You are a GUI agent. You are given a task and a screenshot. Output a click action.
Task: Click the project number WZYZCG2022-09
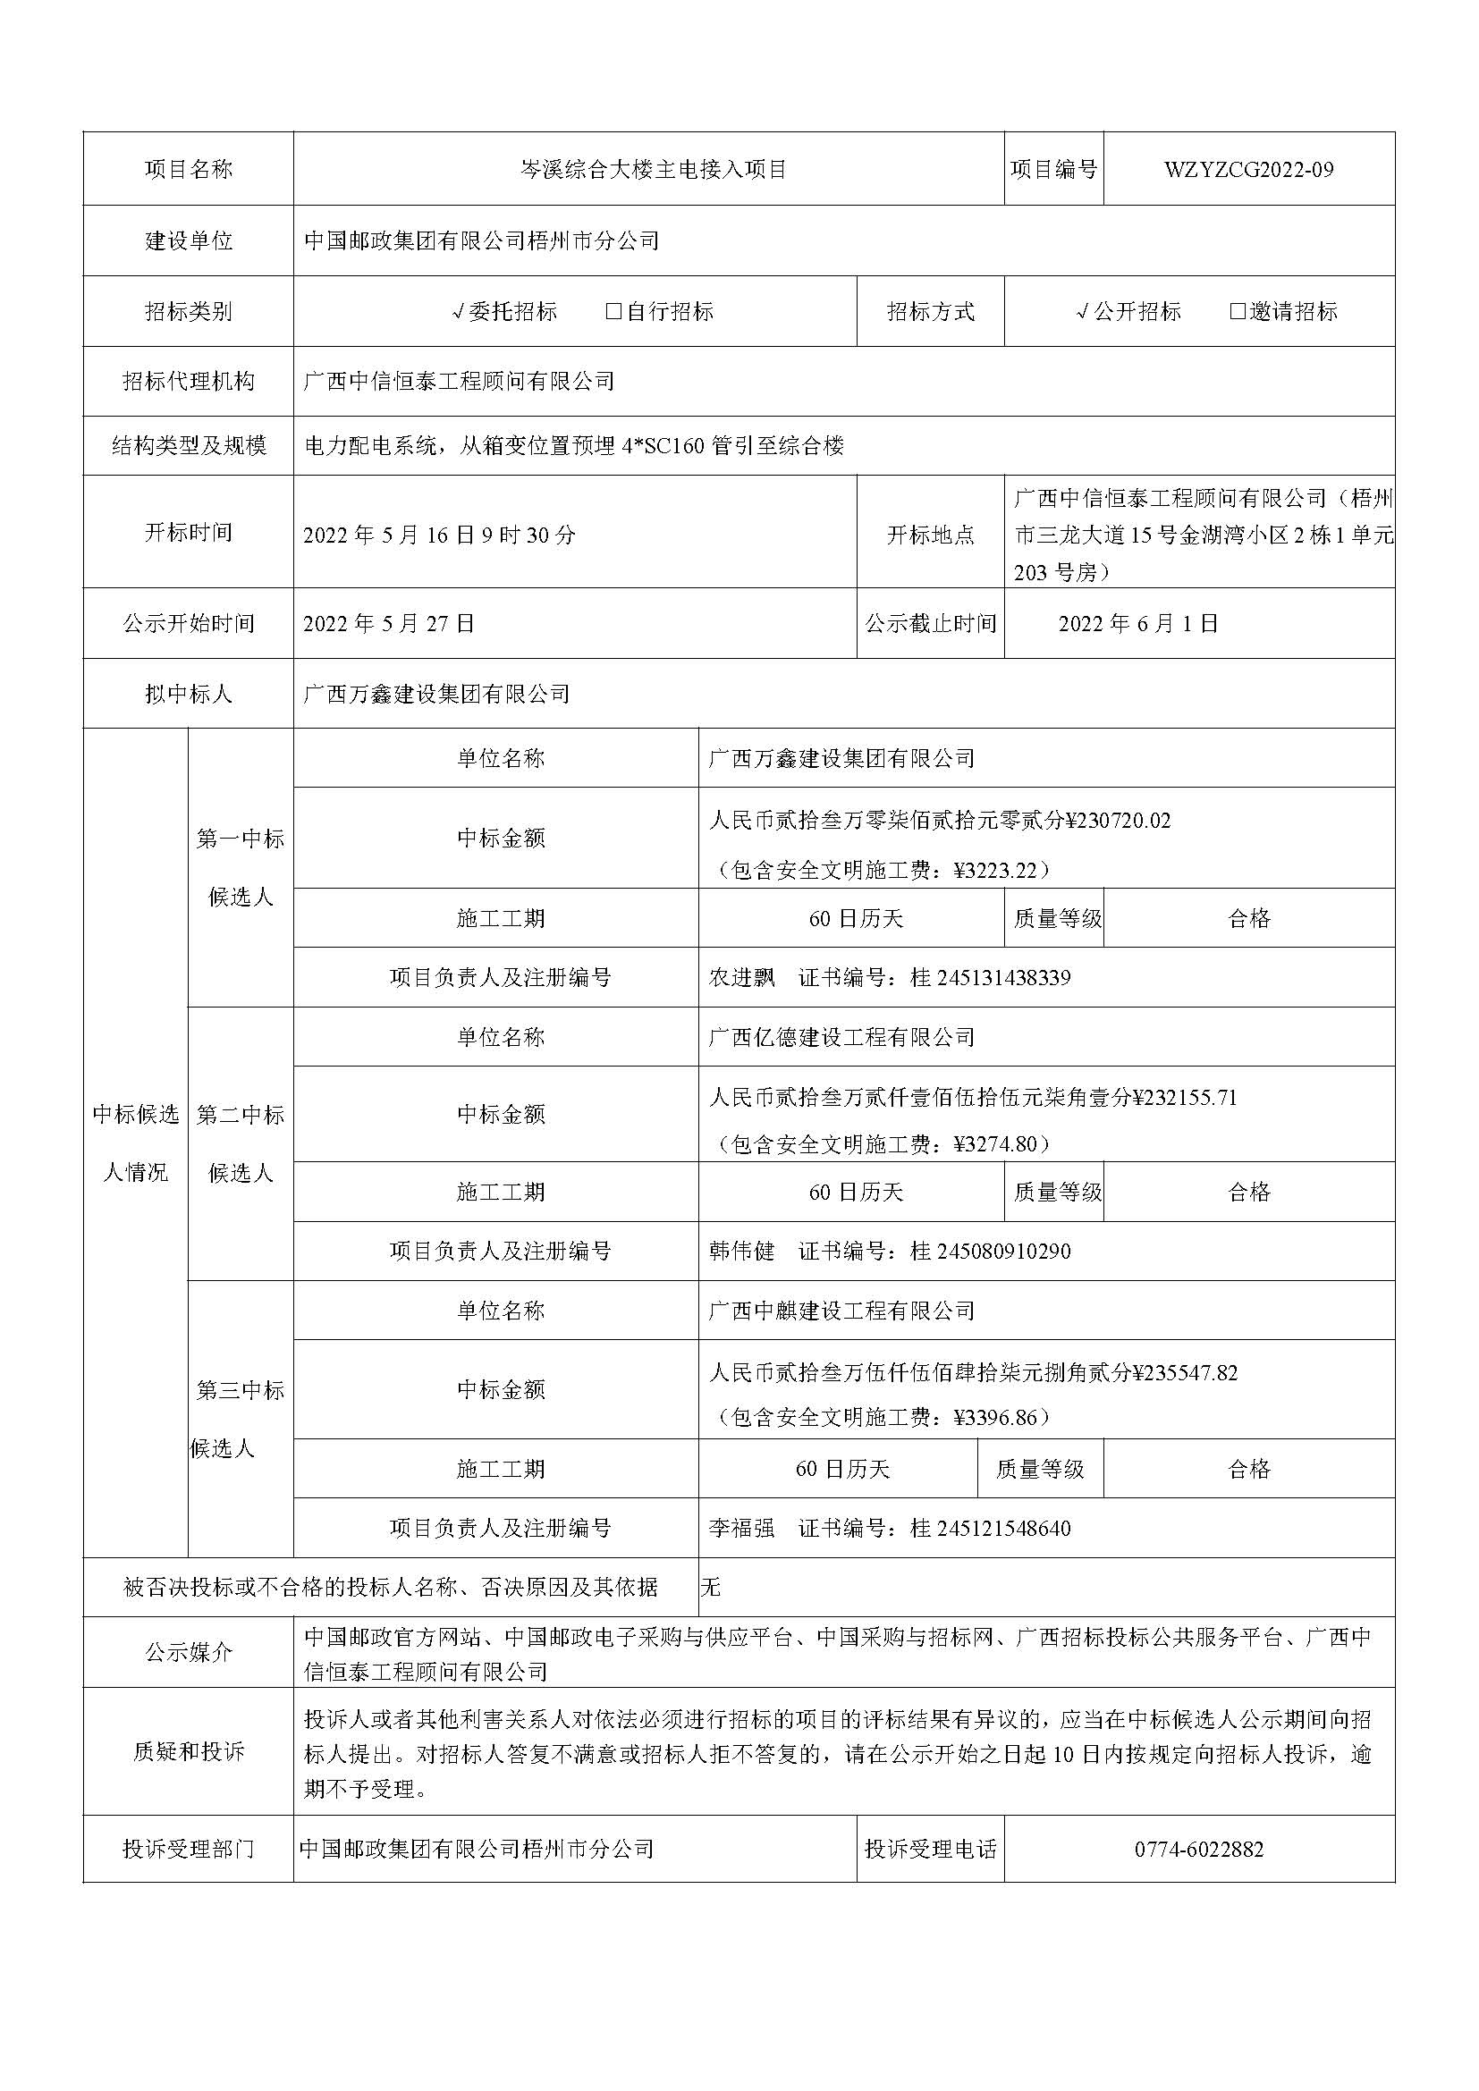click(1247, 169)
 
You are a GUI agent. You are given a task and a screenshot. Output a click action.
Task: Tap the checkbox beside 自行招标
click(613, 311)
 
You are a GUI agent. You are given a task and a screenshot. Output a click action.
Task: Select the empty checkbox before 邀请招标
click(1237, 311)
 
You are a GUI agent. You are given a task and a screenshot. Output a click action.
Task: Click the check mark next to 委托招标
click(459, 312)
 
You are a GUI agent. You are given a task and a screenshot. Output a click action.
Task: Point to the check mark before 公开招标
click(1082, 312)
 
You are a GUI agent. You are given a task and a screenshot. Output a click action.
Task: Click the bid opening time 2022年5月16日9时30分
click(439, 535)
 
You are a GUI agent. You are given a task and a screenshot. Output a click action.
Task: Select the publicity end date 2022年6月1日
click(1137, 624)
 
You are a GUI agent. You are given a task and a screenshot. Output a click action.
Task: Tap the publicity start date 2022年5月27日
click(389, 624)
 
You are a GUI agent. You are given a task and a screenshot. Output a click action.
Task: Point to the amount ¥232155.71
click(1184, 1098)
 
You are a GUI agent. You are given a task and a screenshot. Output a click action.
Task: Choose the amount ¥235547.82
click(1184, 1373)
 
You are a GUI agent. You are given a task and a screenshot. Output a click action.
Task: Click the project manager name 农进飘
click(741, 978)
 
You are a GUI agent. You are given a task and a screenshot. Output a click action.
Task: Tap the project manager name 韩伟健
click(741, 1252)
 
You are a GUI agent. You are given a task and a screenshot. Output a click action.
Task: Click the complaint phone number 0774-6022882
click(1198, 1850)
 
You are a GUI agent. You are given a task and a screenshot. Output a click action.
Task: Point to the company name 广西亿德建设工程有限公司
click(841, 1037)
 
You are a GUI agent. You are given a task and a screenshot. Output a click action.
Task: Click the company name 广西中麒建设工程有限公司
click(841, 1311)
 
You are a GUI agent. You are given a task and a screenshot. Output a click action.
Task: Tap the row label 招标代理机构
click(189, 382)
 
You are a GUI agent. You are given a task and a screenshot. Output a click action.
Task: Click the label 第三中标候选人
click(241, 1419)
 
